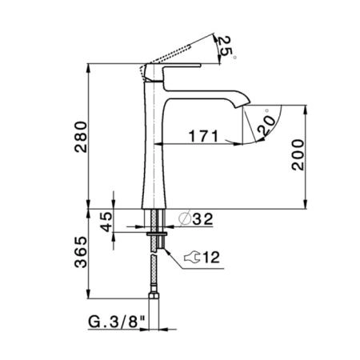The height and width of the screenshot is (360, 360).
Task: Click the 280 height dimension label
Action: [81, 137]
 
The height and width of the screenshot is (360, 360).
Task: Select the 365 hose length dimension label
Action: [81, 252]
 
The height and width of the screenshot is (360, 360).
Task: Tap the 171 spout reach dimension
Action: [203, 136]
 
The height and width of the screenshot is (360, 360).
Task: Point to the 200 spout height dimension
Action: [298, 154]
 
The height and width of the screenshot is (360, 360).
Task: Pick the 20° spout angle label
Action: [266, 124]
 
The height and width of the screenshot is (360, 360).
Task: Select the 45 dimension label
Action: [106, 222]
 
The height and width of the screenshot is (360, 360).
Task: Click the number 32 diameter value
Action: [202, 219]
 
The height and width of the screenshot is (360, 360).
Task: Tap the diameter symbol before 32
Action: [185, 218]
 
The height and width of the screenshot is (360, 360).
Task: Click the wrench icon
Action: [192, 258]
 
